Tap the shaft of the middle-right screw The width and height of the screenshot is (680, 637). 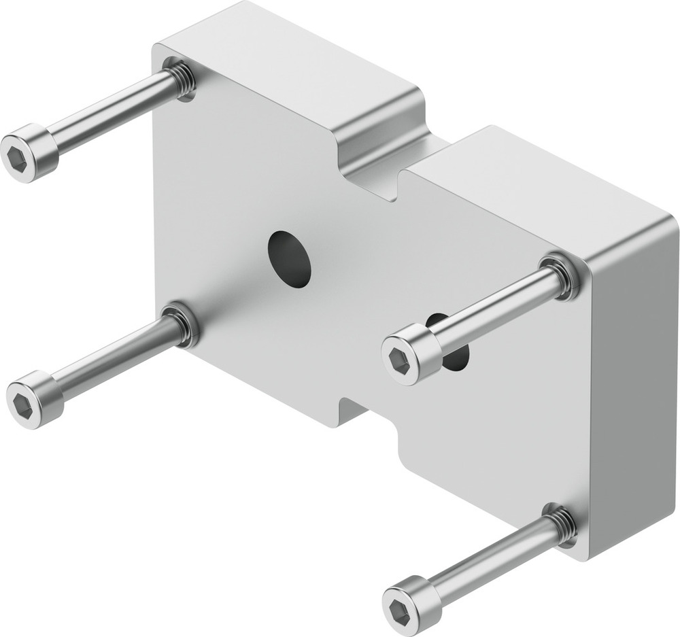(x=490, y=309)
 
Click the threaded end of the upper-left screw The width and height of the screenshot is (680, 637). (x=180, y=78)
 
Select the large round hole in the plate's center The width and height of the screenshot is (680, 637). (x=290, y=259)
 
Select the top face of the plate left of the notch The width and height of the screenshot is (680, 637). (x=286, y=61)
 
